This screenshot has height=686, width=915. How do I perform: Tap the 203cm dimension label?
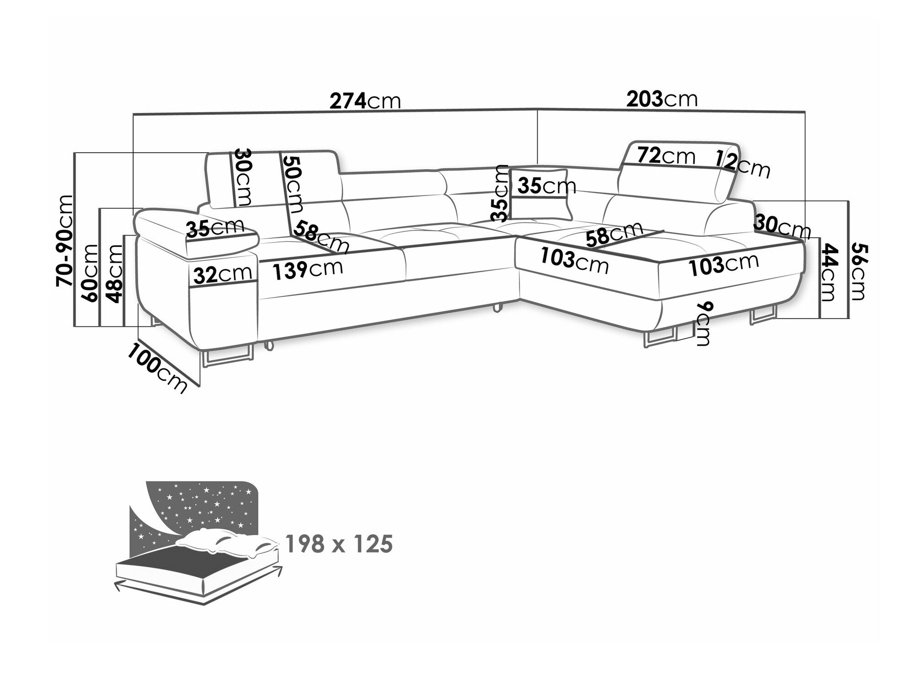(662, 99)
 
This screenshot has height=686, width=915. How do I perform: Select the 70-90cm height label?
(65, 241)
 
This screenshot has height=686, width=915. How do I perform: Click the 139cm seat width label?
(307, 270)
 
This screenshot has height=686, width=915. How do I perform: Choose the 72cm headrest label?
(666, 156)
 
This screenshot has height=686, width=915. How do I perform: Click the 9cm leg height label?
(701, 323)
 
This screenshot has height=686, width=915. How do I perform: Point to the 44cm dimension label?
(829, 273)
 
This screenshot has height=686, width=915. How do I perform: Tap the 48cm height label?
(114, 274)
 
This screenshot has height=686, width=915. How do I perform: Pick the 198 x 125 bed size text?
(339, 544)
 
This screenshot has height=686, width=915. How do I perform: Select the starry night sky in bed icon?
(197, 508)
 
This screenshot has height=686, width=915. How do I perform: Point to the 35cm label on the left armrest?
(215, 227)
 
